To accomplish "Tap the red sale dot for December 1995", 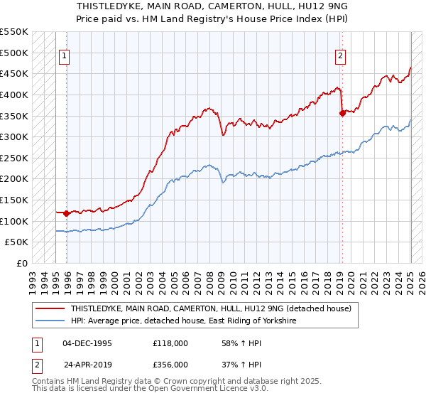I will (67, 213).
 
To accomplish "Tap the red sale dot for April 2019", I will (342, 112).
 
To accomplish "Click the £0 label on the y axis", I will (23, 263).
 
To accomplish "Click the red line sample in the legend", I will (50, 309).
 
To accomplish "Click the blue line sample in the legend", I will (50, 321).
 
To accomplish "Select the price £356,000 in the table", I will (170, 364).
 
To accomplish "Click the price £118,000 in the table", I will (170, 343).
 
